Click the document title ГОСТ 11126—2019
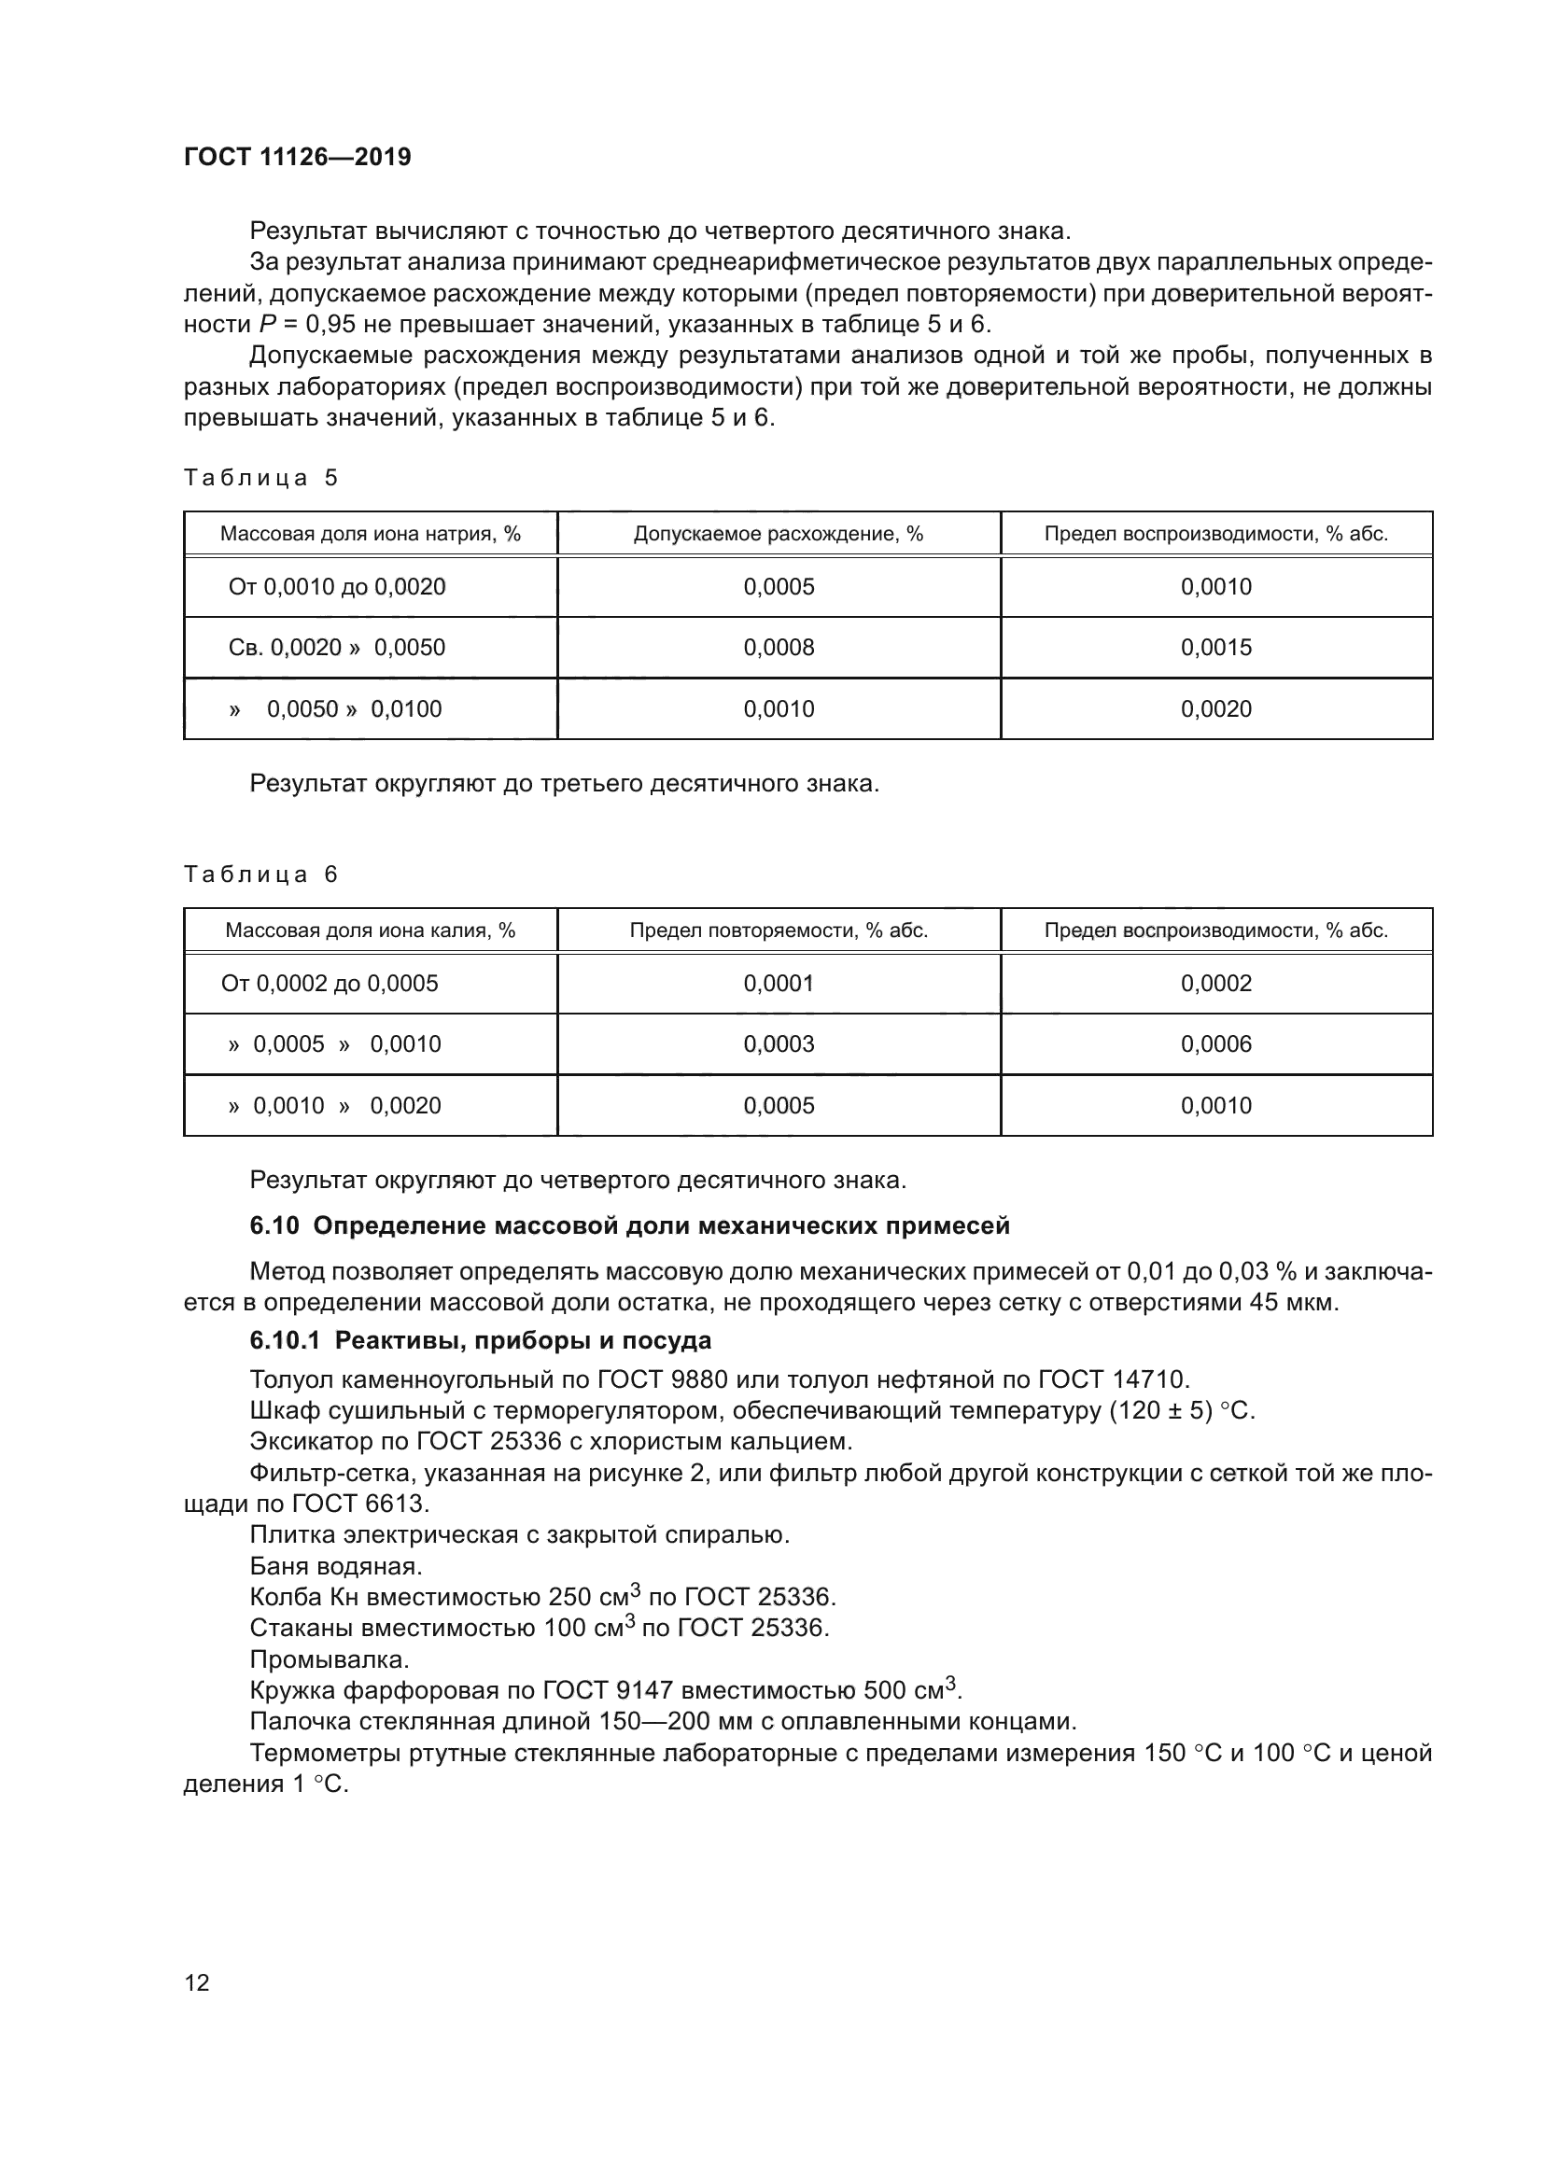[297, 157]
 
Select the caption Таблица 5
[260, 477]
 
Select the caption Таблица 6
[260, 874]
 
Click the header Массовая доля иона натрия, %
[370, 534]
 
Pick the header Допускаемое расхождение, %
[778, 534]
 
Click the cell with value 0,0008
[778, 648]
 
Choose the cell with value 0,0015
[1215, 648]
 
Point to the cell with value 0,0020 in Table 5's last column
[1215, 708]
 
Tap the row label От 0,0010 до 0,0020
[337, 587]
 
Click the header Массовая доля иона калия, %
[370, 930]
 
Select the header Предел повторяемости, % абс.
[778, 930]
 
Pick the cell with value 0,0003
[778, 1044]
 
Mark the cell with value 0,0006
[1215, 1044]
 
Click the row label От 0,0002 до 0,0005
[329, 983]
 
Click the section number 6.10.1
[288, 1340]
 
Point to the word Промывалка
[329, 1659]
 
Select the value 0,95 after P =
[330, 324]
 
